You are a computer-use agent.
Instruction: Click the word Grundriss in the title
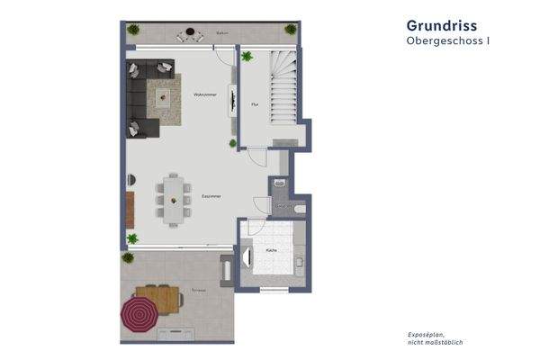click(x=441, y=25)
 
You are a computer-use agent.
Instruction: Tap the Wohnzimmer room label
click(x=204, y=94)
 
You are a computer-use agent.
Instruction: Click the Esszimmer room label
click(x=211, y=196)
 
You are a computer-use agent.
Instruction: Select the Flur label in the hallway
click(x=255, y=103)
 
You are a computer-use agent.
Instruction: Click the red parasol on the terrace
click(x=139, y=314)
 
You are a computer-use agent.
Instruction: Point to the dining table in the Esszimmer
click(x=173, y=199)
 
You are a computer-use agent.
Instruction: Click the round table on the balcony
click(x=191, y=36)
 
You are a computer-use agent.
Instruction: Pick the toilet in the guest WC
click(x=300, y=209)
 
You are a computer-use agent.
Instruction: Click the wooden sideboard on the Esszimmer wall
click(x=130, y=210)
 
